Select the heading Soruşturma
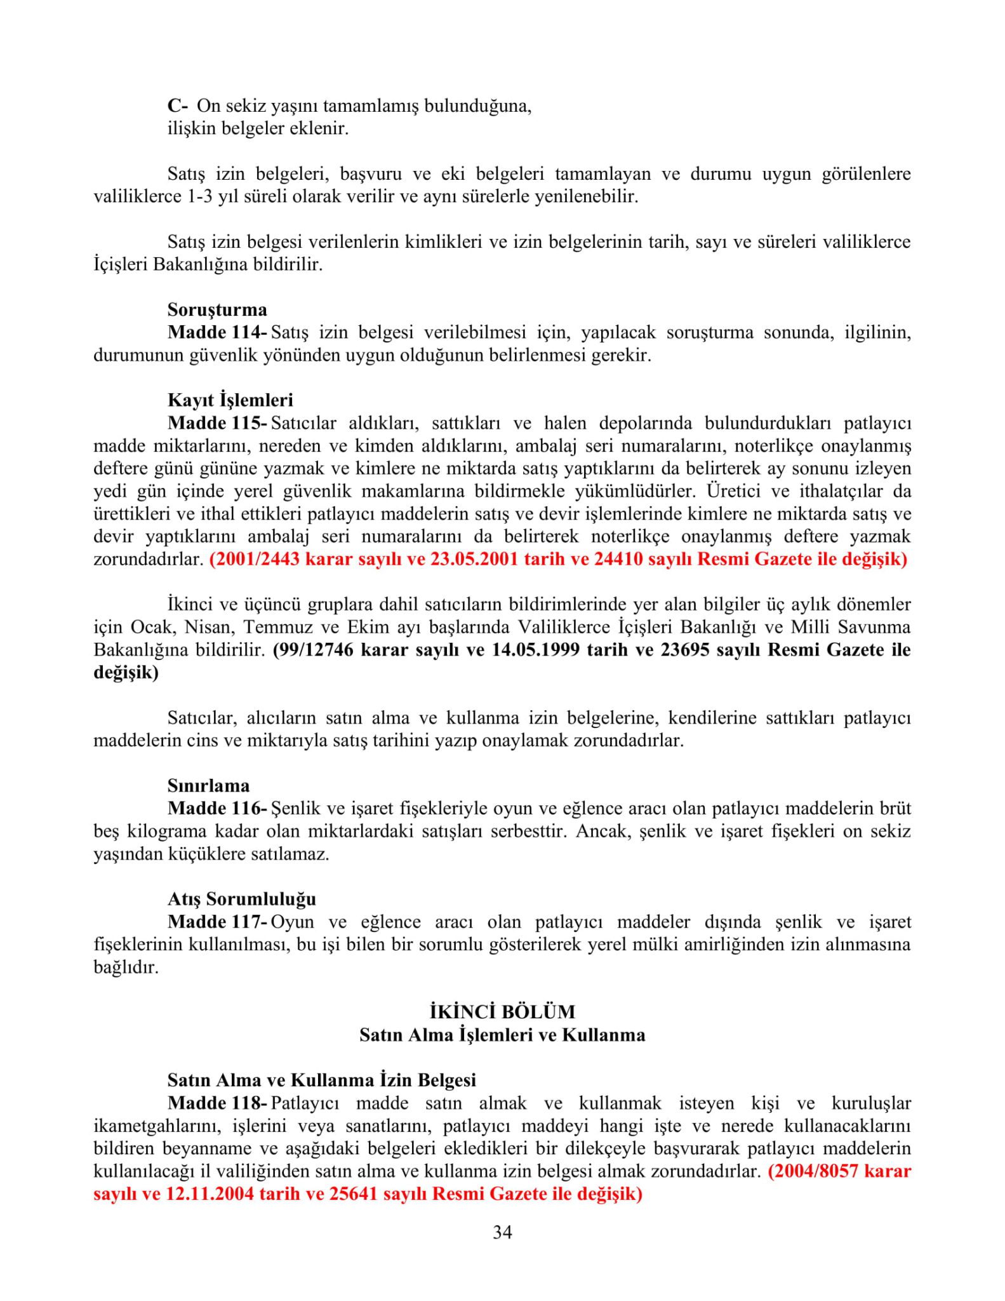tap(217, 310)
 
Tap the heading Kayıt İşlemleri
tap(230, 400)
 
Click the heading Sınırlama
tap(208, 786)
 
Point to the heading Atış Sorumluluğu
tap(241, 899)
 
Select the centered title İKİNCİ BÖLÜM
tap(502, 1011)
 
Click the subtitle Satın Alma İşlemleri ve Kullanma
tap(502, 1035)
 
